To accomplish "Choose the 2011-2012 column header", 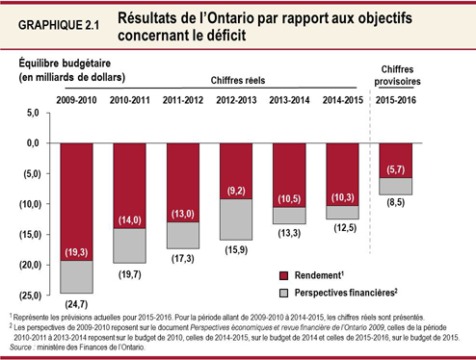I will pos(182,100).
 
